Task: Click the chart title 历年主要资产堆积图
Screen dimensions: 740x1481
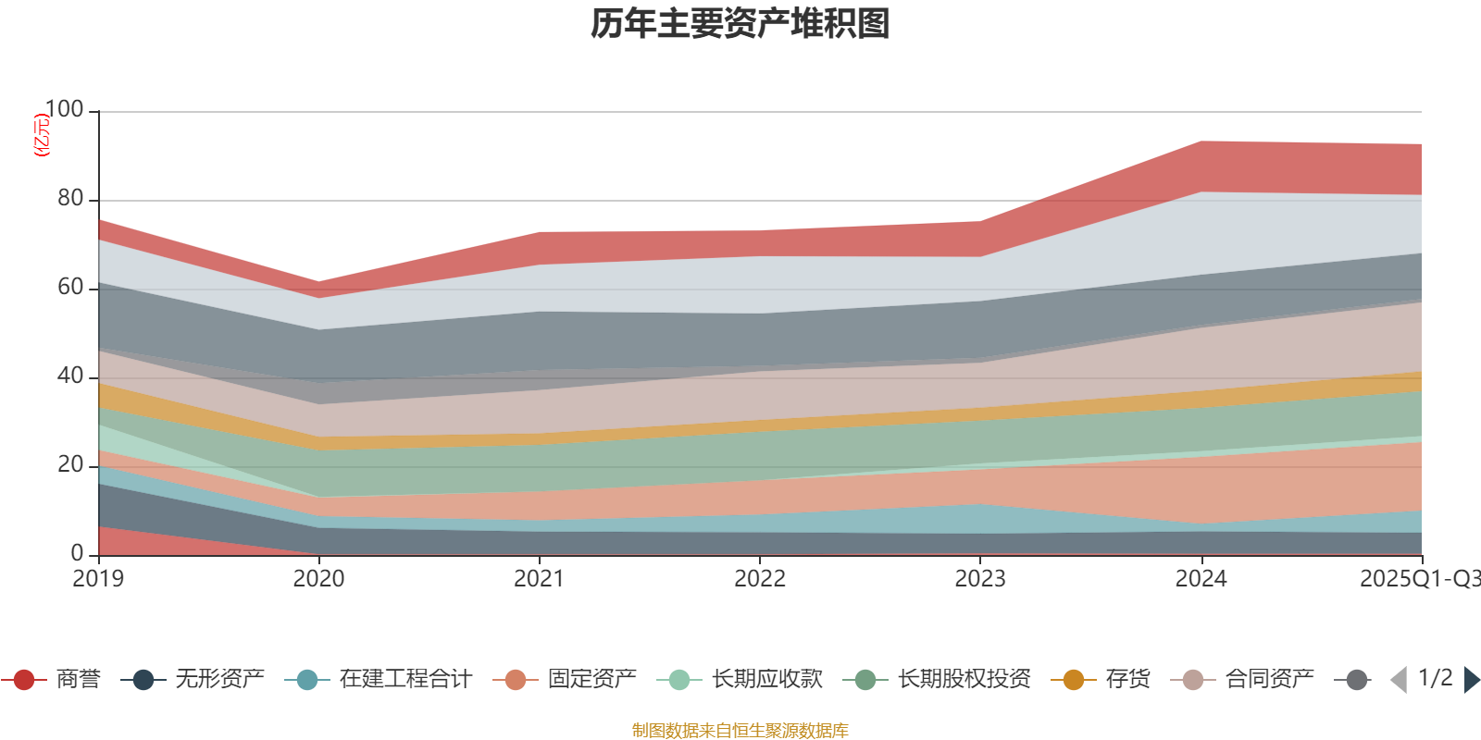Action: coord(740,24)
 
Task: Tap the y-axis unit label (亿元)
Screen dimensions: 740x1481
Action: coord(41,135)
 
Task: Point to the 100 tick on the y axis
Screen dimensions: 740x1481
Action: coord(64,110)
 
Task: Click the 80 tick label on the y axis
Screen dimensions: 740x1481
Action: coord(69,199)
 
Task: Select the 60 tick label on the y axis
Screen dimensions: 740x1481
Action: coord(69,288)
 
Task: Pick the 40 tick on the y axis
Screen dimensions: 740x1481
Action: coord(69,376)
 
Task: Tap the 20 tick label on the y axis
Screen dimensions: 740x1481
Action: coord(69,465)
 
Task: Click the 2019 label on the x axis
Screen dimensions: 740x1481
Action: coord(98,579)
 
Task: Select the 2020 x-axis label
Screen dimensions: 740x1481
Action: coord(318,579)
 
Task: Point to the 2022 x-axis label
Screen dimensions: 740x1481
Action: coord(760,579)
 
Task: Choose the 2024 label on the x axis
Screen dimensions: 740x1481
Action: coord(1201,579)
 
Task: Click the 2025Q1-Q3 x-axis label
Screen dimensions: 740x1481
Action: coord(1418,579)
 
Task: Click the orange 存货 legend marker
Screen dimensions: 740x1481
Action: coord(1074,680)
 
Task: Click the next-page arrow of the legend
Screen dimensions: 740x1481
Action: coord(1471,680)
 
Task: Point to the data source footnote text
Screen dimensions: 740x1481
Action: coord(740,731)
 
